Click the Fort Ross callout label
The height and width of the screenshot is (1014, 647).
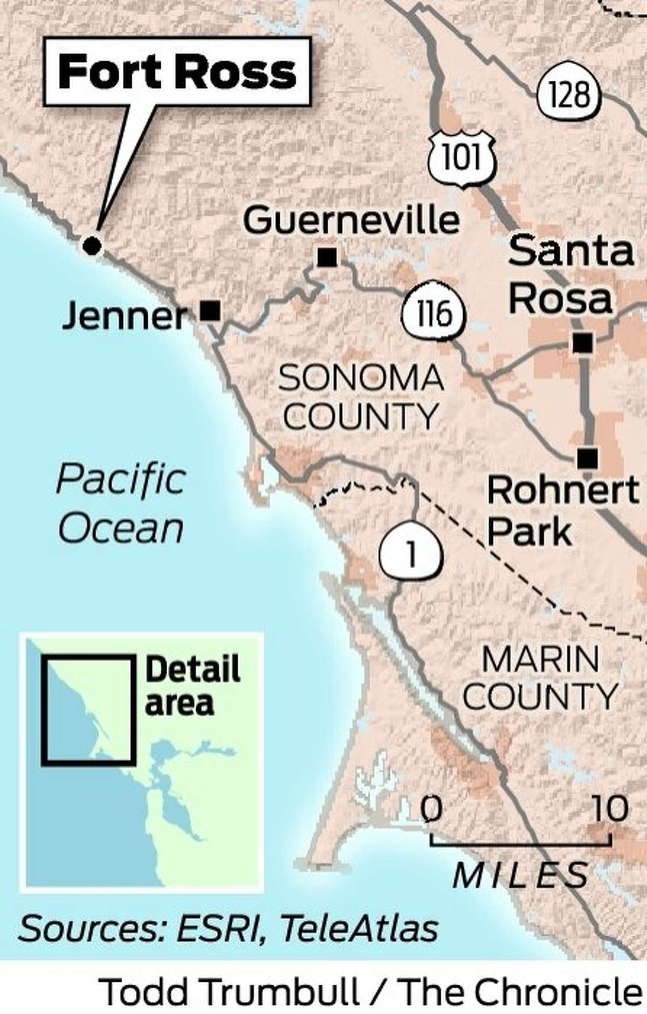tap(177, 72)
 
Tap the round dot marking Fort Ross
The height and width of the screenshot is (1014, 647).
tap(92, 246)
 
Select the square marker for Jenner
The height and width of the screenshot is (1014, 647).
tap(210, 311)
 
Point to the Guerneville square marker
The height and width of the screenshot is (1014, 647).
tap(327, 257)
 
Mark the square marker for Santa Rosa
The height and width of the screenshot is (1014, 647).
tap(582, 343)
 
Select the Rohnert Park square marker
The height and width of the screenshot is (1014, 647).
tap(587, 458)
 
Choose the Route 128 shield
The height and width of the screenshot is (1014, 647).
tap(569, 94)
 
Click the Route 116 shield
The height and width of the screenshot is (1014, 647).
tap(433, 312)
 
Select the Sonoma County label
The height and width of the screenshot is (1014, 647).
tap(361, 397)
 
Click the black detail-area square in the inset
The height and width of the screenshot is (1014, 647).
tap(88, 709)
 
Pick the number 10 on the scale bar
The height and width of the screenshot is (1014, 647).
tap(609, 808)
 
